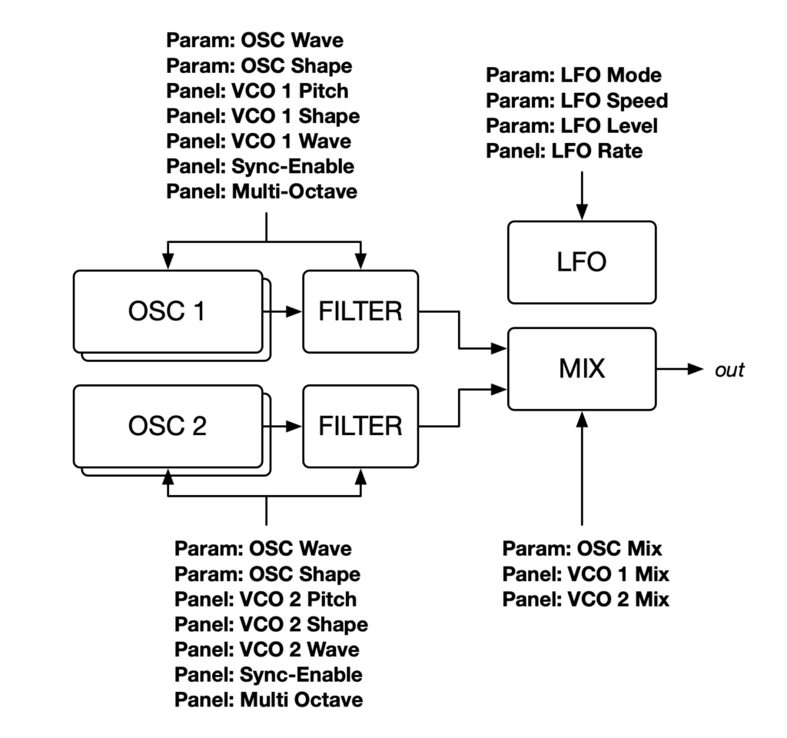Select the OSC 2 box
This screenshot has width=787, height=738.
click(x=168, y=425)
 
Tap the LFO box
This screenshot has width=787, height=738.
click(x=581, y=262)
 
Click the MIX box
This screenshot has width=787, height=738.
click(x=581, y=368)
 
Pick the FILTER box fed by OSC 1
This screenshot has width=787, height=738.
click(x=361, y=311)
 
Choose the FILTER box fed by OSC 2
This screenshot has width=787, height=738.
click(x=361, y=425)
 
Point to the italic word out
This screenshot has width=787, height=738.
click(x=729, y=370)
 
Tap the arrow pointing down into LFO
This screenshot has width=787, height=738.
click(x=582, y=196)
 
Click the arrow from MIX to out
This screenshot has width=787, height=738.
click(x=681, y=370)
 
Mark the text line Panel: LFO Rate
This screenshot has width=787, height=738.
click(x=564, y=151)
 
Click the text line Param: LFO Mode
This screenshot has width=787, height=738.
click(x=573, y=75)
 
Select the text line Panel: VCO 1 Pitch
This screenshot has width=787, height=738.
click(x=257, y=91)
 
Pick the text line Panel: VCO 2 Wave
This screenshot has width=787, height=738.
click(x=267, y=650)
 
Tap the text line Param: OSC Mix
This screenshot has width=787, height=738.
click(x=582, y=548)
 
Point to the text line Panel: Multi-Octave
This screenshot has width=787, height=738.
click(x=262, y=191)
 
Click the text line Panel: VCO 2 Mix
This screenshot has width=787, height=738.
click(x=586, y=599)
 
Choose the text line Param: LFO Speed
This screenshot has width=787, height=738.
click(x=576, y=101)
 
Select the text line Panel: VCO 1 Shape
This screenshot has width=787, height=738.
click(x=263, y=116)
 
